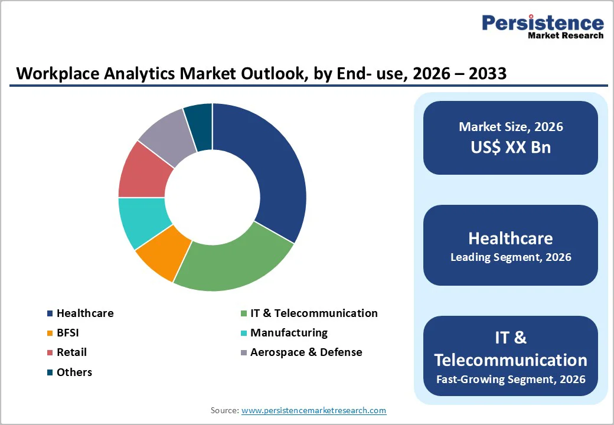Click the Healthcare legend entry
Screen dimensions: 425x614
point(85,313)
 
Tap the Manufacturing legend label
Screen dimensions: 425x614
point(289,333)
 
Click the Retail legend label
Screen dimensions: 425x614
point(71,352)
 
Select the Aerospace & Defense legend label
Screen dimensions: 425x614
point(306,352)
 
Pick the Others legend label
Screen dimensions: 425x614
point(74,372)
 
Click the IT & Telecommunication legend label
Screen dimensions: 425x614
point(313,313)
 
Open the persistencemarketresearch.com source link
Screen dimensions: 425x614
point(313,410)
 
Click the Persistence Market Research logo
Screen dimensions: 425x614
point(543,26)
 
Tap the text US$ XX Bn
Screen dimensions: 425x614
point(511,148)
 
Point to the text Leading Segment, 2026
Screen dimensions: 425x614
point(511,257)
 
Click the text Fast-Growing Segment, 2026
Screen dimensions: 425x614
point(511,379)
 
